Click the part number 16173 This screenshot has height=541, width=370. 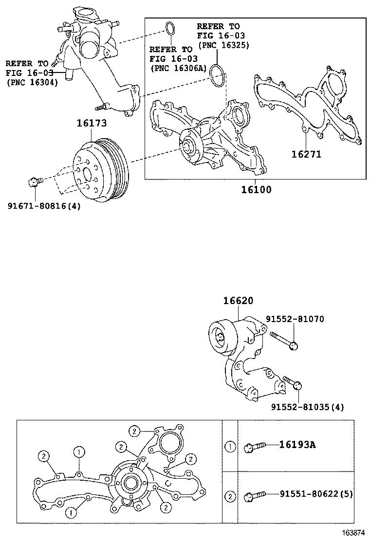pos(91,124)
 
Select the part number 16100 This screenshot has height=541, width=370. pos(256,190)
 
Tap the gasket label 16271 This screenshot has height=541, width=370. pos(306,154)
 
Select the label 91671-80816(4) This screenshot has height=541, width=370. pos(44,206)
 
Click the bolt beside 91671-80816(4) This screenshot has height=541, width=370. pos(34,182)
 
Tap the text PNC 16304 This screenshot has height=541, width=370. pos(32,82)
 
